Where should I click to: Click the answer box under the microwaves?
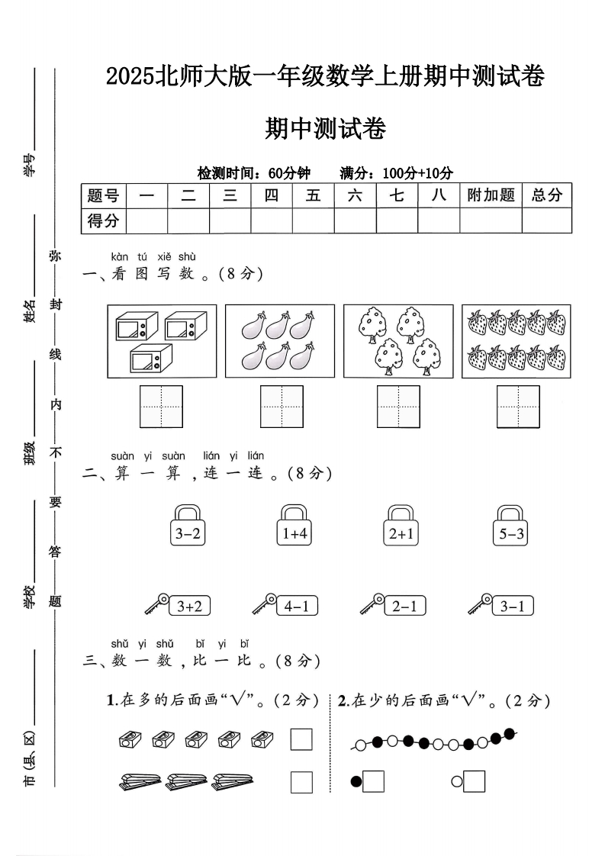pos(161,407)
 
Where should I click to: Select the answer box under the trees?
pos(398,407)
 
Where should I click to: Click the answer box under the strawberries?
pos(518,407)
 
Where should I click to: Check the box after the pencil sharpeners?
pos(301,739)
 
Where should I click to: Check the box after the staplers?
pos(301,782)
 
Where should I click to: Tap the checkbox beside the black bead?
pos(373,781)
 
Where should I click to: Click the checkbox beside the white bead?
pos(474,781)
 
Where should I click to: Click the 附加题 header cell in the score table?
pos(491,195)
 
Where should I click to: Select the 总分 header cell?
pos(546,195)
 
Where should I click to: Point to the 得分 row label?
pos(104,221)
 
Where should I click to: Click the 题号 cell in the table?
pos(104,195)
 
